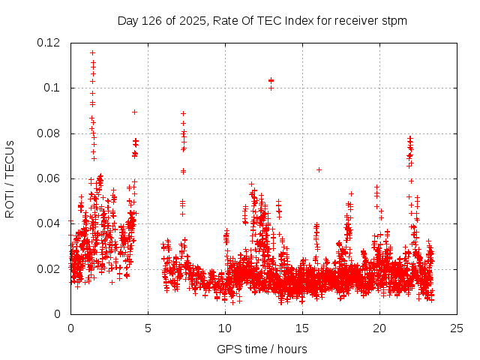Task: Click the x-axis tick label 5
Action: tap(148, 328)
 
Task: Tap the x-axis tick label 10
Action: tap(225, 328)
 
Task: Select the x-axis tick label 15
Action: tap(302, 328)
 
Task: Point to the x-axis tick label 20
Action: tap(379, 328)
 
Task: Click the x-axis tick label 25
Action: tap(457, 328)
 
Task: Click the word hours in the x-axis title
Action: tap(291, 349)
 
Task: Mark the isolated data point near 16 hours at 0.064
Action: tap(319, 169)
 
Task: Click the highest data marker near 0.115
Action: tap(92, 52)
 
